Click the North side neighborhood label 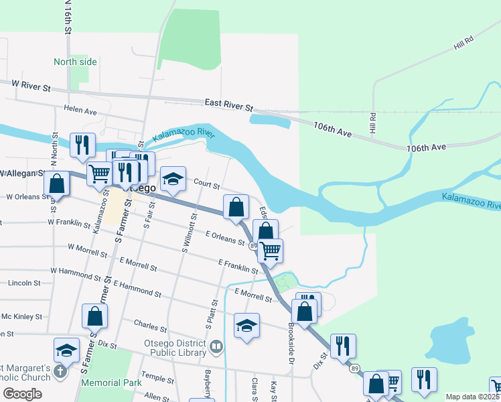pyautogui.click(x=75, y=62)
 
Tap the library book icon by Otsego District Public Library pyautogui.click(x=216, y=346)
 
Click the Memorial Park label pyautogui.click(x=111, y=383)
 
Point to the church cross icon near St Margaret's pyautogui.click(x=60, y=371)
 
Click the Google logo pyautogui.click(x=22, y=394)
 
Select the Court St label pyautogui.click(x=207, y=183)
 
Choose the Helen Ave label pyautogui.click(x=80, y=110)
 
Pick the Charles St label pyautogui.click(x=150, y=328)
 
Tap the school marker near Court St pyautogui.click(x=173, y=179)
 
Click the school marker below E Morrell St pyautogui.click(x=246, y=326)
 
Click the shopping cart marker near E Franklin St pyautogui.click(x=270, y=251)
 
